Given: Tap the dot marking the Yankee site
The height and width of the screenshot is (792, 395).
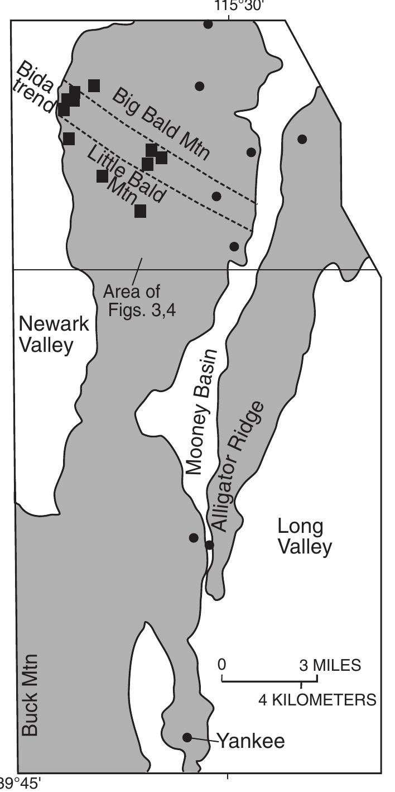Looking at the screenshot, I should [x=187, y=737].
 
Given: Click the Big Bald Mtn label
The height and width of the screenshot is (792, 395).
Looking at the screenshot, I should [x=161, y=123].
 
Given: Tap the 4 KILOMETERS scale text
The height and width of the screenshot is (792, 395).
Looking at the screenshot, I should [x=317, y=699].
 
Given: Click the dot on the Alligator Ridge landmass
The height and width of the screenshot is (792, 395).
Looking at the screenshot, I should [x=302, y=139].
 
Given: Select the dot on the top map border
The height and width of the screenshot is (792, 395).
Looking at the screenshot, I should [x=208, y=24].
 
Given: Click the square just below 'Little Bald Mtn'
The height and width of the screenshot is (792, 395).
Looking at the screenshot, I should [x=140, y=211].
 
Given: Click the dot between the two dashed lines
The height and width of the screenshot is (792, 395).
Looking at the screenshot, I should [x=216, y=196].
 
